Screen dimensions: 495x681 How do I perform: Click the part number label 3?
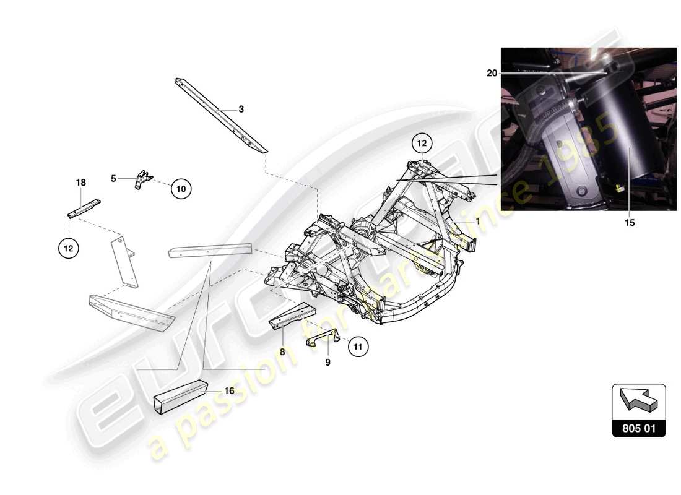click(x=241, y=110)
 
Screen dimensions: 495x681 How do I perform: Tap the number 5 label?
click(x=113, y=178)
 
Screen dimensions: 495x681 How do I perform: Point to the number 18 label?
click(x=81, y=183)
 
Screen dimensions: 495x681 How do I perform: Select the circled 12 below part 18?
click(x=69, y=248)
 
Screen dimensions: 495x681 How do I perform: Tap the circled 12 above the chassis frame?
click(x=422, y=144)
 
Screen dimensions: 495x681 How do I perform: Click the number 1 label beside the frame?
click(x=478, y=220)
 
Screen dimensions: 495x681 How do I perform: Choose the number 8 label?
click(x=282, y=351)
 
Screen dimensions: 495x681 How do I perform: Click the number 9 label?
click(x=327, y=362)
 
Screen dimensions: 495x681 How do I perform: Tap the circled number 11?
click(x=357, y=347)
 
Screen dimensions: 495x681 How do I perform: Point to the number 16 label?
click(x=229, y=391)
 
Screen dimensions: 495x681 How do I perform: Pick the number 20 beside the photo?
click(x=492, y=73)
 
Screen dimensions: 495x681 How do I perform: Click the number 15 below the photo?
click(x=629, y=223)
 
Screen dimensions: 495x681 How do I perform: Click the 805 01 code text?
click(x=639, y=428)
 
